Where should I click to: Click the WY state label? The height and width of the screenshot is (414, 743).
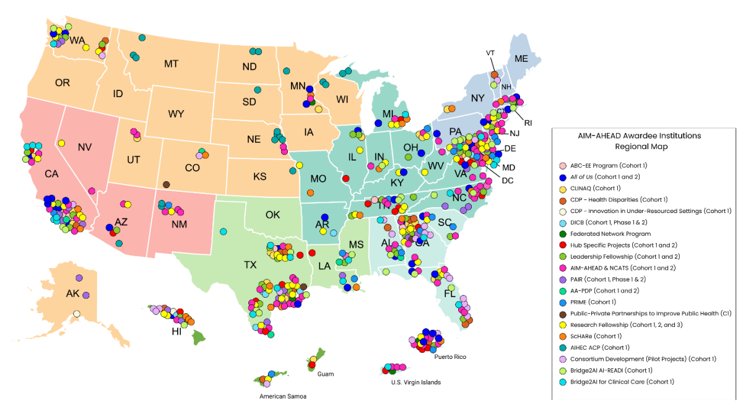176,114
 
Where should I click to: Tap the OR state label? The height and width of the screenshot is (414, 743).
63,83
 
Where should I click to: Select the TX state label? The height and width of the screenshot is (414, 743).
250,265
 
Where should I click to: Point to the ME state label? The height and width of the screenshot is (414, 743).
521,59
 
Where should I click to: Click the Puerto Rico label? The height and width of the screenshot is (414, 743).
450,357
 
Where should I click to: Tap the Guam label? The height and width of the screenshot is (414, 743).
325,374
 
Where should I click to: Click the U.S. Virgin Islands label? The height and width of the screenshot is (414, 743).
415,382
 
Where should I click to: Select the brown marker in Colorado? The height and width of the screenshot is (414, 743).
166,184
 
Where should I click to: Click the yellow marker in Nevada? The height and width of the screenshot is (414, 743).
62,143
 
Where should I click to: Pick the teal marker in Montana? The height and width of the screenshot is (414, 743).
142,38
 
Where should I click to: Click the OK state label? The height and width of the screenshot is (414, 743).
272,215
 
